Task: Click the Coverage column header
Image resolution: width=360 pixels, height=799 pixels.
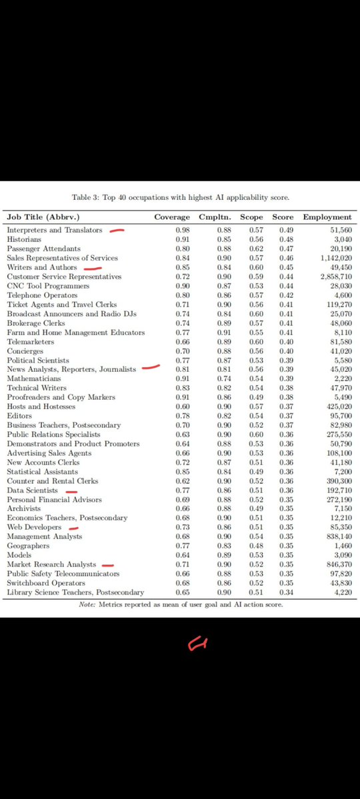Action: pos(172,217)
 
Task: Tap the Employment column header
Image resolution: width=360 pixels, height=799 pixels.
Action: pos(327,217)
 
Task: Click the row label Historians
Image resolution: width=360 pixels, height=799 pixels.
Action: pos(24,239)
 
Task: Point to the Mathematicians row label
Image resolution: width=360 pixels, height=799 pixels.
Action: pos(32,379)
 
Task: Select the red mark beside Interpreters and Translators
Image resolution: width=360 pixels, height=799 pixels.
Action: pos(117,231)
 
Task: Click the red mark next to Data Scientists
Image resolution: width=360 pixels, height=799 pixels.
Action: pos(71,492)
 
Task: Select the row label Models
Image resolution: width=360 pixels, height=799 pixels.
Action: pos(18,555)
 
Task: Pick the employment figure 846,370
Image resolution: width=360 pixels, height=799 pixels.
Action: pos(336,564)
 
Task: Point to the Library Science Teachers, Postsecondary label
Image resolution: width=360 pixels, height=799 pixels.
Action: pos(75,592)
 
